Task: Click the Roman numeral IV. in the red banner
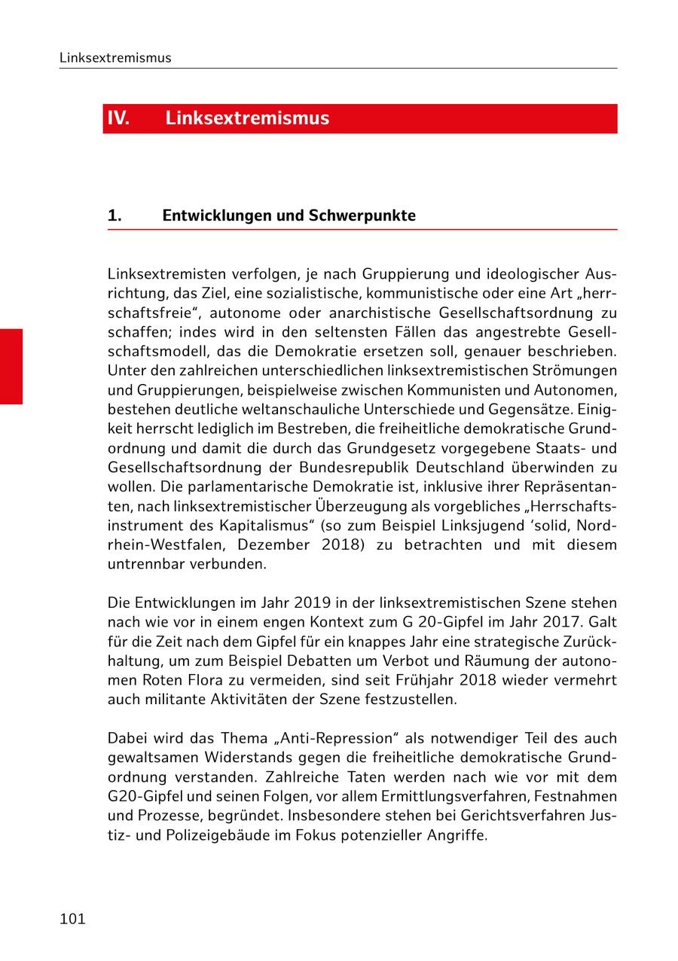pyautogui.click(x=118, y=119)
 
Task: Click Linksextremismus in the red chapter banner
pyautogui.click(x=247, y=119)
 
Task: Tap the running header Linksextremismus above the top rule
pyautogui.click(x=115, y=58)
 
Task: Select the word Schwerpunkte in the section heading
pyautogui.click(x=362, y=215)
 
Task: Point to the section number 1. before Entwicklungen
pyautogui.click(x=115, y=215)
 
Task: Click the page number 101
pyautogui.click(x=72, y=919)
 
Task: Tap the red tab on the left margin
pyautogui.click(x=11, y=366)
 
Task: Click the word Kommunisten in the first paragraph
pyautogui.click(x=474, y=389)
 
